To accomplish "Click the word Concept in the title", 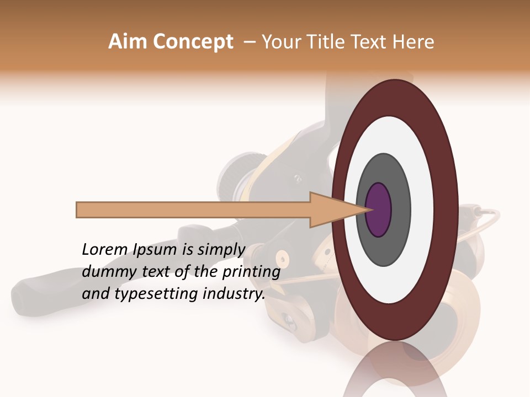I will [193, 42].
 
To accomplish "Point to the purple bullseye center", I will [378, 210].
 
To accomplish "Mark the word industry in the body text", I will [232, 294].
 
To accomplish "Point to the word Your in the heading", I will [281, 42].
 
